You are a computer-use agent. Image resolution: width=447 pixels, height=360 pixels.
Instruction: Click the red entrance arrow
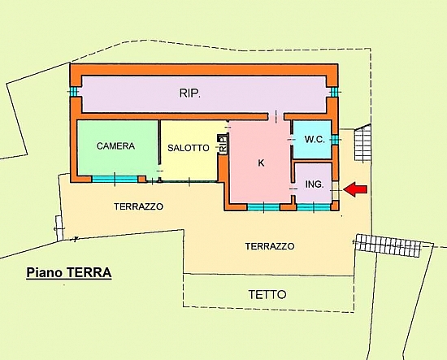355,189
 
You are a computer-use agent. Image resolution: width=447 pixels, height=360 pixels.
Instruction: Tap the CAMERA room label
115,146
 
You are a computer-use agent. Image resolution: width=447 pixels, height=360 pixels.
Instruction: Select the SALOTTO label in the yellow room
189,148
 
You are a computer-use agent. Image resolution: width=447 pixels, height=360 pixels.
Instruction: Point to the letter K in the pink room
261,163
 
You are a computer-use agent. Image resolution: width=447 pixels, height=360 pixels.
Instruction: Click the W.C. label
315,140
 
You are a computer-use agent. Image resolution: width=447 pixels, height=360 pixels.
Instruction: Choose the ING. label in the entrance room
315,184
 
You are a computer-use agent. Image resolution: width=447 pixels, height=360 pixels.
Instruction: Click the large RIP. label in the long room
190,93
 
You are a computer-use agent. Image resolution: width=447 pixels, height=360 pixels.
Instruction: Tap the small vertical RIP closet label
223,144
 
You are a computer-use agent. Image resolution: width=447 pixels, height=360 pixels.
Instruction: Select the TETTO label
267,295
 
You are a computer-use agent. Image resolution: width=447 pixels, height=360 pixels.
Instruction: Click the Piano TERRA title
69,272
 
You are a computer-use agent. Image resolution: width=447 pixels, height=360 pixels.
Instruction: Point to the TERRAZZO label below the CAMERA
138,206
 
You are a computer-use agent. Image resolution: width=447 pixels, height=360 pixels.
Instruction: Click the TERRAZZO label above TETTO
270,246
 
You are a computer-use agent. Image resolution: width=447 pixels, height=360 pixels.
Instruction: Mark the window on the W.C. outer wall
335,140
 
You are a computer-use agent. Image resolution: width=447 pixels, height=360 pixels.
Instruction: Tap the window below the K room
263,207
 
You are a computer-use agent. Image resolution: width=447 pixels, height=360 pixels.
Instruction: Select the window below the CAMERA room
115,179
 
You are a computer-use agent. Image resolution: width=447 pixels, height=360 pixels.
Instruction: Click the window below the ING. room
314,207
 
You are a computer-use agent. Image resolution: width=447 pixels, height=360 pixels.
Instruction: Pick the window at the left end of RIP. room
74,92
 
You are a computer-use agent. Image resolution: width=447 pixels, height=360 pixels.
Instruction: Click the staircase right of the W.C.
362,143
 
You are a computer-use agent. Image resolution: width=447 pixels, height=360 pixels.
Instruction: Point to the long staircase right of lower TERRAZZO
388,245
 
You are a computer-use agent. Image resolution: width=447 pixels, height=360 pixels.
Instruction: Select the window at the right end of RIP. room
334,92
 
